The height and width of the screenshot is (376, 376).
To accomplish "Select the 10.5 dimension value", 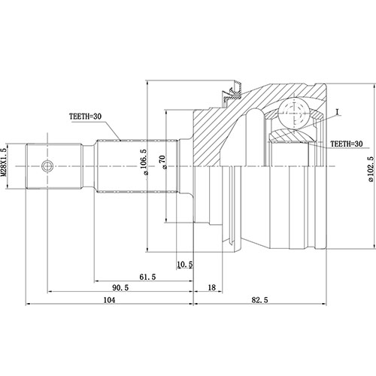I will tap(184, 264).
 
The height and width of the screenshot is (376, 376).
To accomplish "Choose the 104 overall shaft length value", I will tap(109, 300).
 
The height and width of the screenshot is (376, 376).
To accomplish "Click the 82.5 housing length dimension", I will tap(260, 300).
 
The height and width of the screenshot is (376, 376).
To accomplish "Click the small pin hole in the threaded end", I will tap(47, 166).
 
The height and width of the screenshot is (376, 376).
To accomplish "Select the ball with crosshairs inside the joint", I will tap(293, 115).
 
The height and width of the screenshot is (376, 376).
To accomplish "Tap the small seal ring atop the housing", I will tap(227, 93).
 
